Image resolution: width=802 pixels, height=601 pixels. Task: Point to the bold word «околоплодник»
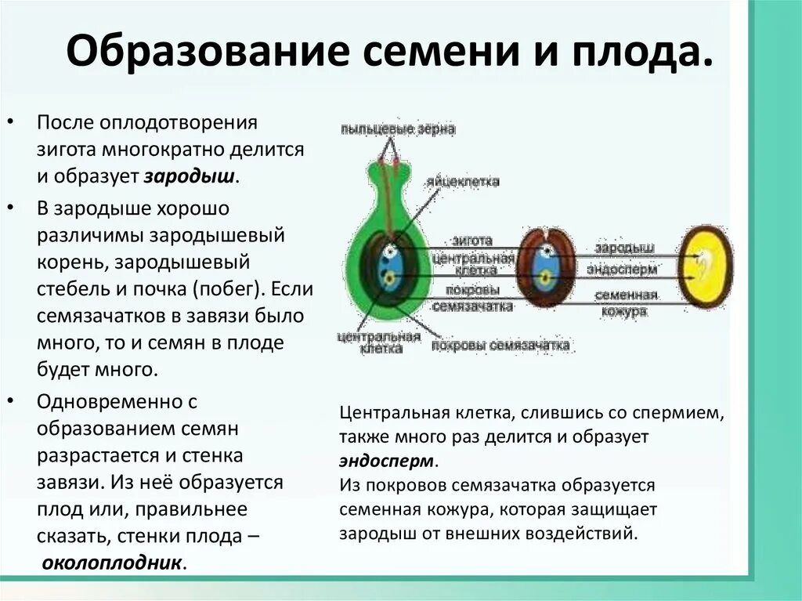click(x=114, y=563)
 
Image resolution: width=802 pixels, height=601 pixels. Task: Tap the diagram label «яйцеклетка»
click(x=463, y=181)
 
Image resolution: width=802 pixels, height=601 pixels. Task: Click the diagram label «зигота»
click(x=471, y=240)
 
